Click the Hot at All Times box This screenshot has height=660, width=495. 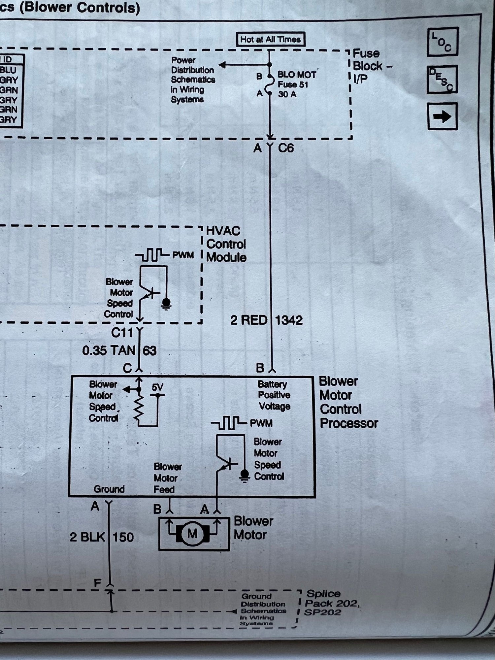271,40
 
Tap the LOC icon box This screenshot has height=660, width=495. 443,42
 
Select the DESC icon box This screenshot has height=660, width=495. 442,80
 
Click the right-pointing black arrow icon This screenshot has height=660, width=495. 442,116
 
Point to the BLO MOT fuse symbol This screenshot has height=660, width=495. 270,85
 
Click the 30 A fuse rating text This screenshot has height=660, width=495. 287,94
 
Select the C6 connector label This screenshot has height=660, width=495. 286,148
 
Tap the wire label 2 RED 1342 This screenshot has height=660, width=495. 266,320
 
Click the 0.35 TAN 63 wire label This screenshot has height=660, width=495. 119,350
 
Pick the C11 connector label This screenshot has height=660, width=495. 122,333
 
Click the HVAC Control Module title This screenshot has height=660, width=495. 226,244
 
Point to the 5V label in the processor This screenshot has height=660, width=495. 158,387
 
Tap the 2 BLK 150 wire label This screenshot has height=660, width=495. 102,537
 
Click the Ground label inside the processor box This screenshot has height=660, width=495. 109,489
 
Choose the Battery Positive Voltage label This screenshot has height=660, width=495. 274,395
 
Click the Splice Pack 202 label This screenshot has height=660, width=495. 331,603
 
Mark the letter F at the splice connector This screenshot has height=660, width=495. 97,583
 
